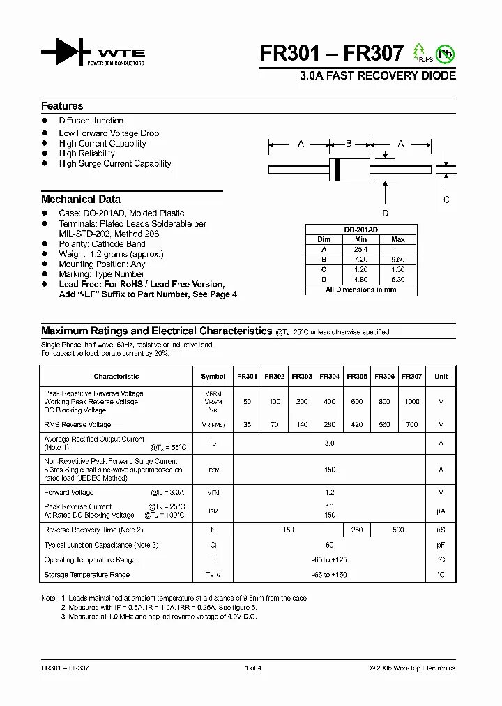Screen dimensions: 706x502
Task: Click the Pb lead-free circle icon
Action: coord(444,54)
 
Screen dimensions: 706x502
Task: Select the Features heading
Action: coord(62,106)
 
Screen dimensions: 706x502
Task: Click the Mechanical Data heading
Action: coord(81,199)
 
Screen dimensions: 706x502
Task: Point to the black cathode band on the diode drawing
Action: coord(337,169)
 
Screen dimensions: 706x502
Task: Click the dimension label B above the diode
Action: coord(349,144)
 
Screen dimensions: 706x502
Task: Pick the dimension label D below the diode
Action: coord(386,213)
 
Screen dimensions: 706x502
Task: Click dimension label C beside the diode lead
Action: coord(447,200)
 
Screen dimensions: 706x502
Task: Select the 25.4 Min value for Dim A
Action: coord(360,249)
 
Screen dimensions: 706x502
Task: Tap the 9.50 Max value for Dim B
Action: coord(398,259)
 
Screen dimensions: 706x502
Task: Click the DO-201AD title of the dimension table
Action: coord(361,230)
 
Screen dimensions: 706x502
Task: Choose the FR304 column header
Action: coord(330,377)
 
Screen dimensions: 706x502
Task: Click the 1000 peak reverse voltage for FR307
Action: coord(412,402)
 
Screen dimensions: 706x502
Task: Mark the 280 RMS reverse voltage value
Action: coord(330,424)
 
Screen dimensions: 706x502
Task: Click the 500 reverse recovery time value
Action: coord(398,530)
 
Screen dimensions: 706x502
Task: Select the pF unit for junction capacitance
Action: coord(441,545)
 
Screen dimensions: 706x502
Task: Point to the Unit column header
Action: coord(441,377)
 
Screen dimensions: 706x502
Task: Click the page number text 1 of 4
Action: coord(253,668)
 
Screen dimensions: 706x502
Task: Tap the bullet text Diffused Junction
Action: coord(91,121)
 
